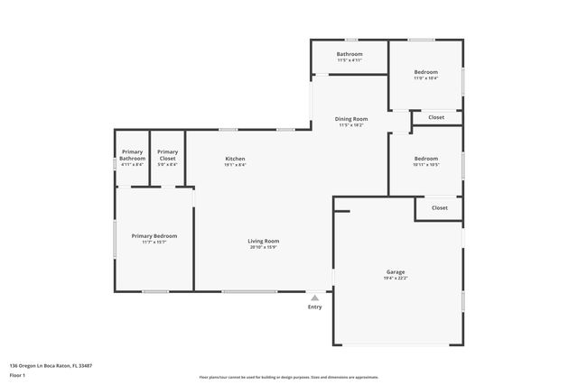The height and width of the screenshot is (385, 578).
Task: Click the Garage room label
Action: pyautogui.click(x=396, y=271)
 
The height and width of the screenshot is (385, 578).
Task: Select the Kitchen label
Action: pyautogui.click(x=235, y=159)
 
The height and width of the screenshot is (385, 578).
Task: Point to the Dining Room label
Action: pyautogui.click(x=351, y=119)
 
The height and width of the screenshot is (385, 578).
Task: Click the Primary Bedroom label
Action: pyautogui.click(x=154, y=235)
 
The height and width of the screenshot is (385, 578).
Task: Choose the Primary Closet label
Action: pyautogui.click(x=167, y=155)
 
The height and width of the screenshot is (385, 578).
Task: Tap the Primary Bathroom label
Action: pyautogui.click(x=133, y=155)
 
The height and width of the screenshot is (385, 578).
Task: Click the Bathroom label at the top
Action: pyautogui.click(x=350, y=54)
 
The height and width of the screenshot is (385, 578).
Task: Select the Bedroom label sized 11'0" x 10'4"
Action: pyautogui.click(x=425, y=72)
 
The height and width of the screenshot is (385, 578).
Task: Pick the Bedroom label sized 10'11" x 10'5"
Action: pyautogui.click(x=425, y=159)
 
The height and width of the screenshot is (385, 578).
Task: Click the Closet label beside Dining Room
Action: pyautogui.click(x=436, y=117)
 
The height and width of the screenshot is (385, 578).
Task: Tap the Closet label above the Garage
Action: pyautogui.click(x=439, y=207)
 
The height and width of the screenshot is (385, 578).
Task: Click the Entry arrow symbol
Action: pyautogui.click(x=314, y=297)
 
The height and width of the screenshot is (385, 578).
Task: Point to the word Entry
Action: pyautogui.click(x=314, y=307)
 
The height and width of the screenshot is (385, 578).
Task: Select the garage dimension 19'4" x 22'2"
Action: pyautogui.click(x=396, y=278)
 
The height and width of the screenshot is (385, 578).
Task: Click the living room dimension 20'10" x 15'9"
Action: pyautogui.click(x=264, y=247)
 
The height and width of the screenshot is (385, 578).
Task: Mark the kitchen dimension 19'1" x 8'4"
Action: pyautogui.click(x=235, y=165)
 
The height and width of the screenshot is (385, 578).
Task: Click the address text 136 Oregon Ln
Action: pyautogui.click(x=52, y=365)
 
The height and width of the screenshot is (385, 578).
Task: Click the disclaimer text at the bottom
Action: pyautogui.click(x=288, y=377)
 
